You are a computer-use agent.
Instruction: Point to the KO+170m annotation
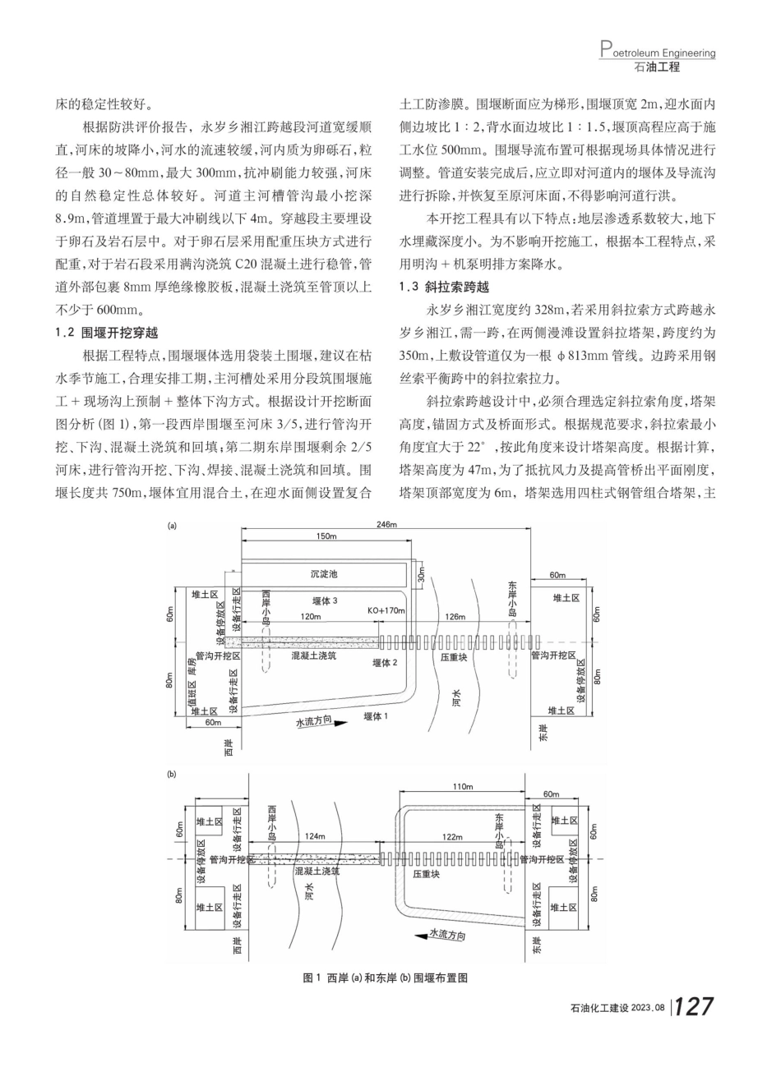(x=387, y=611)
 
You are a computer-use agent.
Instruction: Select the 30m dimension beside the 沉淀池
(x=420, y=572)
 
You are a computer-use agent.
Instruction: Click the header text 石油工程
(x=658, y=67)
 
